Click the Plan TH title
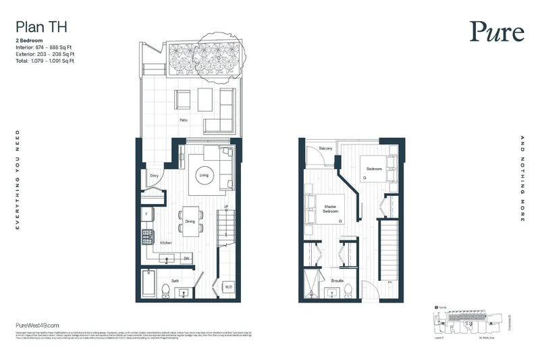click(x=41, y=28)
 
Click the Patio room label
click(x=183, y=120)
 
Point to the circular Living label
click(x=204, y=176)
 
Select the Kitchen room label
click(x=166, y=242)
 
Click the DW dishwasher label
click(x=185, y=258)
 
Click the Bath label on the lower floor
click(x=175, y=280)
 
